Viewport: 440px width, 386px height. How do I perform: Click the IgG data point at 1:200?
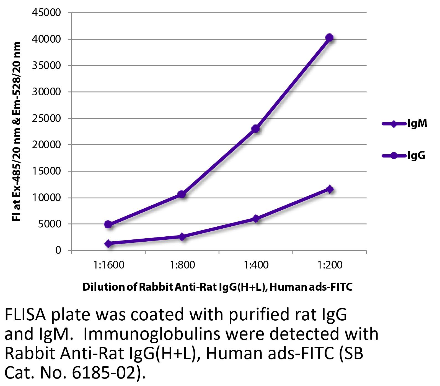tap(329, 38)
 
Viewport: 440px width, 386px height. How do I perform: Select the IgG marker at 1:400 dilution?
tap(256, 129)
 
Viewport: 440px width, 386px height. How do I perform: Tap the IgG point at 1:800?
tap(182, 194)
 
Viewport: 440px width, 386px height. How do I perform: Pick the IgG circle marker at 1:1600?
tap(108, 224)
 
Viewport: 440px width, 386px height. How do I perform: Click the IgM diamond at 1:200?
tap(330, 189)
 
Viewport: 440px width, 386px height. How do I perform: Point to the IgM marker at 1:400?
tap(256, 219)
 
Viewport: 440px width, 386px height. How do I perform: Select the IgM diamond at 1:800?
tap(182, 237)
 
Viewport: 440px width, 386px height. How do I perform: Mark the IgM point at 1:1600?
tap(108, 244)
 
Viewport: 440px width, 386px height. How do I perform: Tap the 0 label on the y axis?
tap(58, 250)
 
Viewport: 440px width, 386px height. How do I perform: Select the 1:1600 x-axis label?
tap(109, 265)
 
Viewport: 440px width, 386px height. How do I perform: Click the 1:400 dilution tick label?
tap(256, 265)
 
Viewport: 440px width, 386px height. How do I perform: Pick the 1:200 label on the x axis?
tap(330, 265)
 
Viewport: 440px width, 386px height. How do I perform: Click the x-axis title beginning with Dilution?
tap(217, 287)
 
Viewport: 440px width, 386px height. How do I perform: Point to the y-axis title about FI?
tap(17, 131)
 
